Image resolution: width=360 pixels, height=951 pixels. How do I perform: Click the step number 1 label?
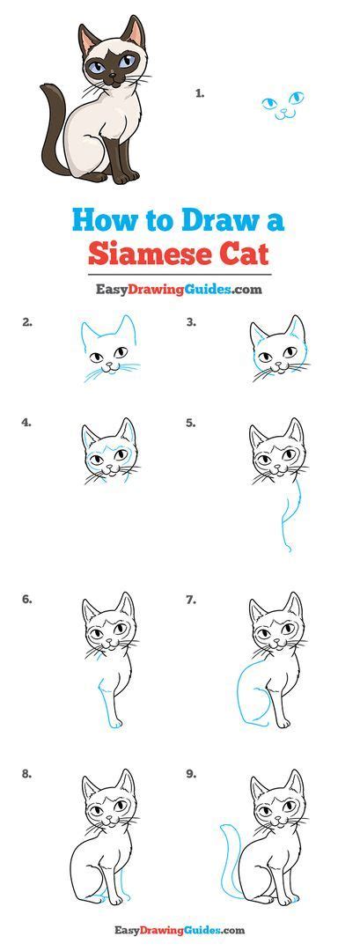point(201,92)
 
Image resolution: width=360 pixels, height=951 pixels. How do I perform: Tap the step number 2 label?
point(27,322)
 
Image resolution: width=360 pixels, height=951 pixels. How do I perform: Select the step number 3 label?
point(191,322)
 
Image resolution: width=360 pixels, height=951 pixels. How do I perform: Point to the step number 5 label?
point(191,423)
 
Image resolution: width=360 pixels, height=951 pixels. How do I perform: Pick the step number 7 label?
point(191,600)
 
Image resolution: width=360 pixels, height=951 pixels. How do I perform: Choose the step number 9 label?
point(191,775)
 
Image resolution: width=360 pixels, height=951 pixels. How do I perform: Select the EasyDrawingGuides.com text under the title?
point(180,289)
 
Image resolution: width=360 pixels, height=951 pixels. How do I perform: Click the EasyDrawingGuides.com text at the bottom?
point(180,930)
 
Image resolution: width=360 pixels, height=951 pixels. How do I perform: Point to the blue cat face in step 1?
point(283,105)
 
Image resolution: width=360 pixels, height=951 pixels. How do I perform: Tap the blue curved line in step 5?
point(285,515)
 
